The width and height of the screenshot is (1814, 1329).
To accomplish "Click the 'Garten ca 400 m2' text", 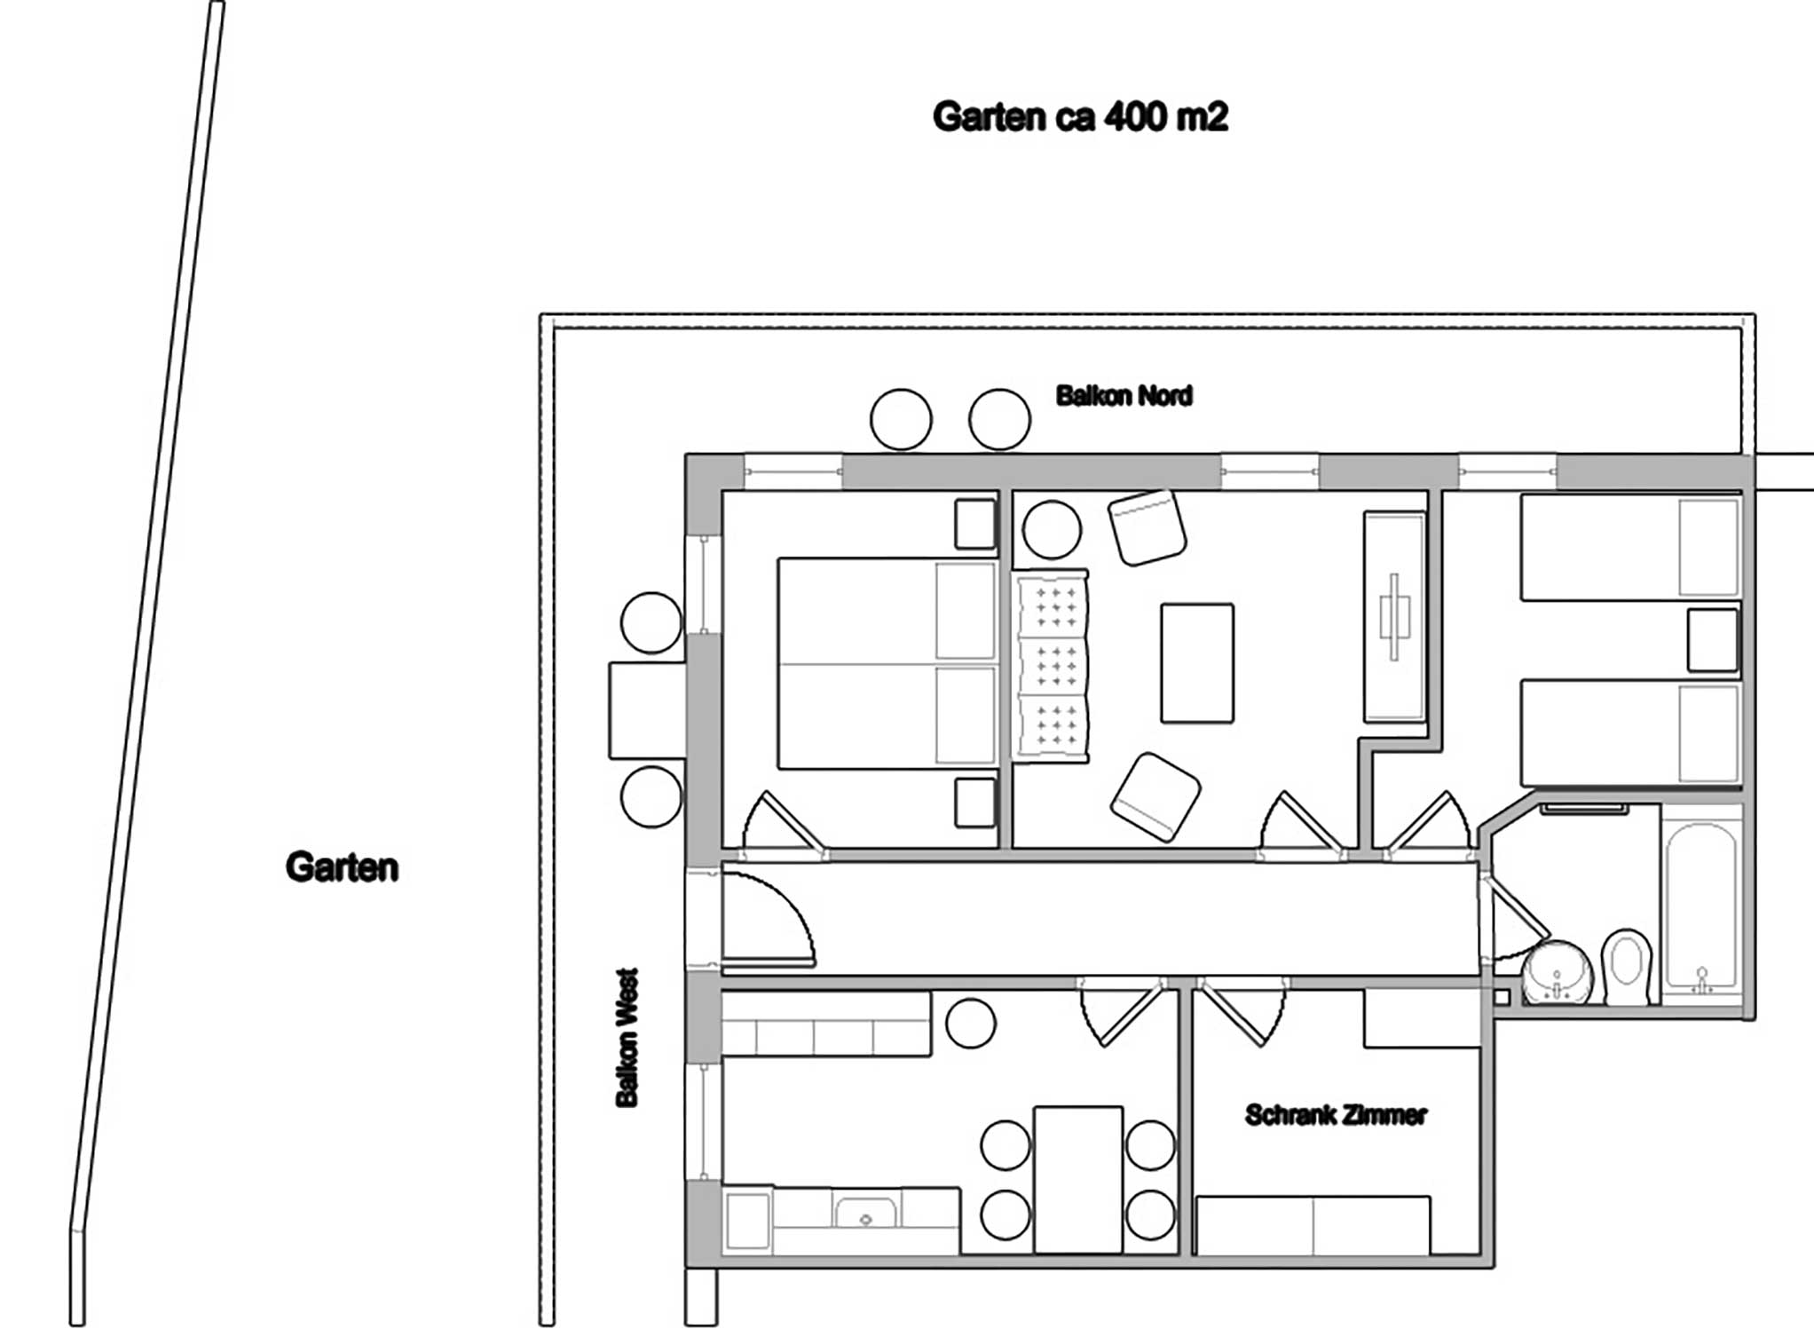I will pyautogui.click(x=1079, y=117).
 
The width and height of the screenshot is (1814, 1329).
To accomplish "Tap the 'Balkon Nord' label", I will pyautogui.click(x=1124, y=396).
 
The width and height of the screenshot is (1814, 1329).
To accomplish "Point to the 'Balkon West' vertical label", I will pyautogui.click(x=627, y=1038).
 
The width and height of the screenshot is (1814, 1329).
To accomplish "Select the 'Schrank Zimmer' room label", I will pyautogui.click(x=1335, y=1115).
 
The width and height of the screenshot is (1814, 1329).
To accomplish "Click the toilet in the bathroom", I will pyautogui.click(x=1628, y=967).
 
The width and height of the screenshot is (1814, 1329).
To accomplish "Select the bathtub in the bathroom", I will pyautogui.click(x=1700, y=906).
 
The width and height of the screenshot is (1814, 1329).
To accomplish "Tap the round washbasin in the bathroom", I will pyautogui.click(x=1558, y=973).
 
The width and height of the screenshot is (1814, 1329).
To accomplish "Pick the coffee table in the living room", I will pyautogui.click(x=1196, y=663).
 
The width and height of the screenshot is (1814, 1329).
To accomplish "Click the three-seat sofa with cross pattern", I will pyautogui.click(x=1052, y=665).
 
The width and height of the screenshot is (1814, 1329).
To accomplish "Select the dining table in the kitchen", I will pyautogui.click(x=1078, y=1179).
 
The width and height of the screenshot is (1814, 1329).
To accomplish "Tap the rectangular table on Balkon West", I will pyautogui.click(x=647, y=710).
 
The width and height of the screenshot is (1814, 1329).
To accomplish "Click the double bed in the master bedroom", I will pyautogui.click(x=886, y=663).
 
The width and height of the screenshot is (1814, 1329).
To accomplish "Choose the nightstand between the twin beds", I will pyautogui.click(x=1712, y=639).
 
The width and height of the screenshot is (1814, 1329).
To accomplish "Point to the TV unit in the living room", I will pyautogui.click(x=1393, y=615).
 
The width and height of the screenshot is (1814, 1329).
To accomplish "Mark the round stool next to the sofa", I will pyautogui.click(x=1051, y=530).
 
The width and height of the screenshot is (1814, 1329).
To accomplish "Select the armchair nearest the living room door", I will pyautogui.click(x=1155, y=796).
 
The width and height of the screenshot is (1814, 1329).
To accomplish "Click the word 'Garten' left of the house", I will pyautogui.click(x=342, y=867).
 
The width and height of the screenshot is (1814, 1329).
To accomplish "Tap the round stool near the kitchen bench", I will pyautogui.click(x=970, y=1024).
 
